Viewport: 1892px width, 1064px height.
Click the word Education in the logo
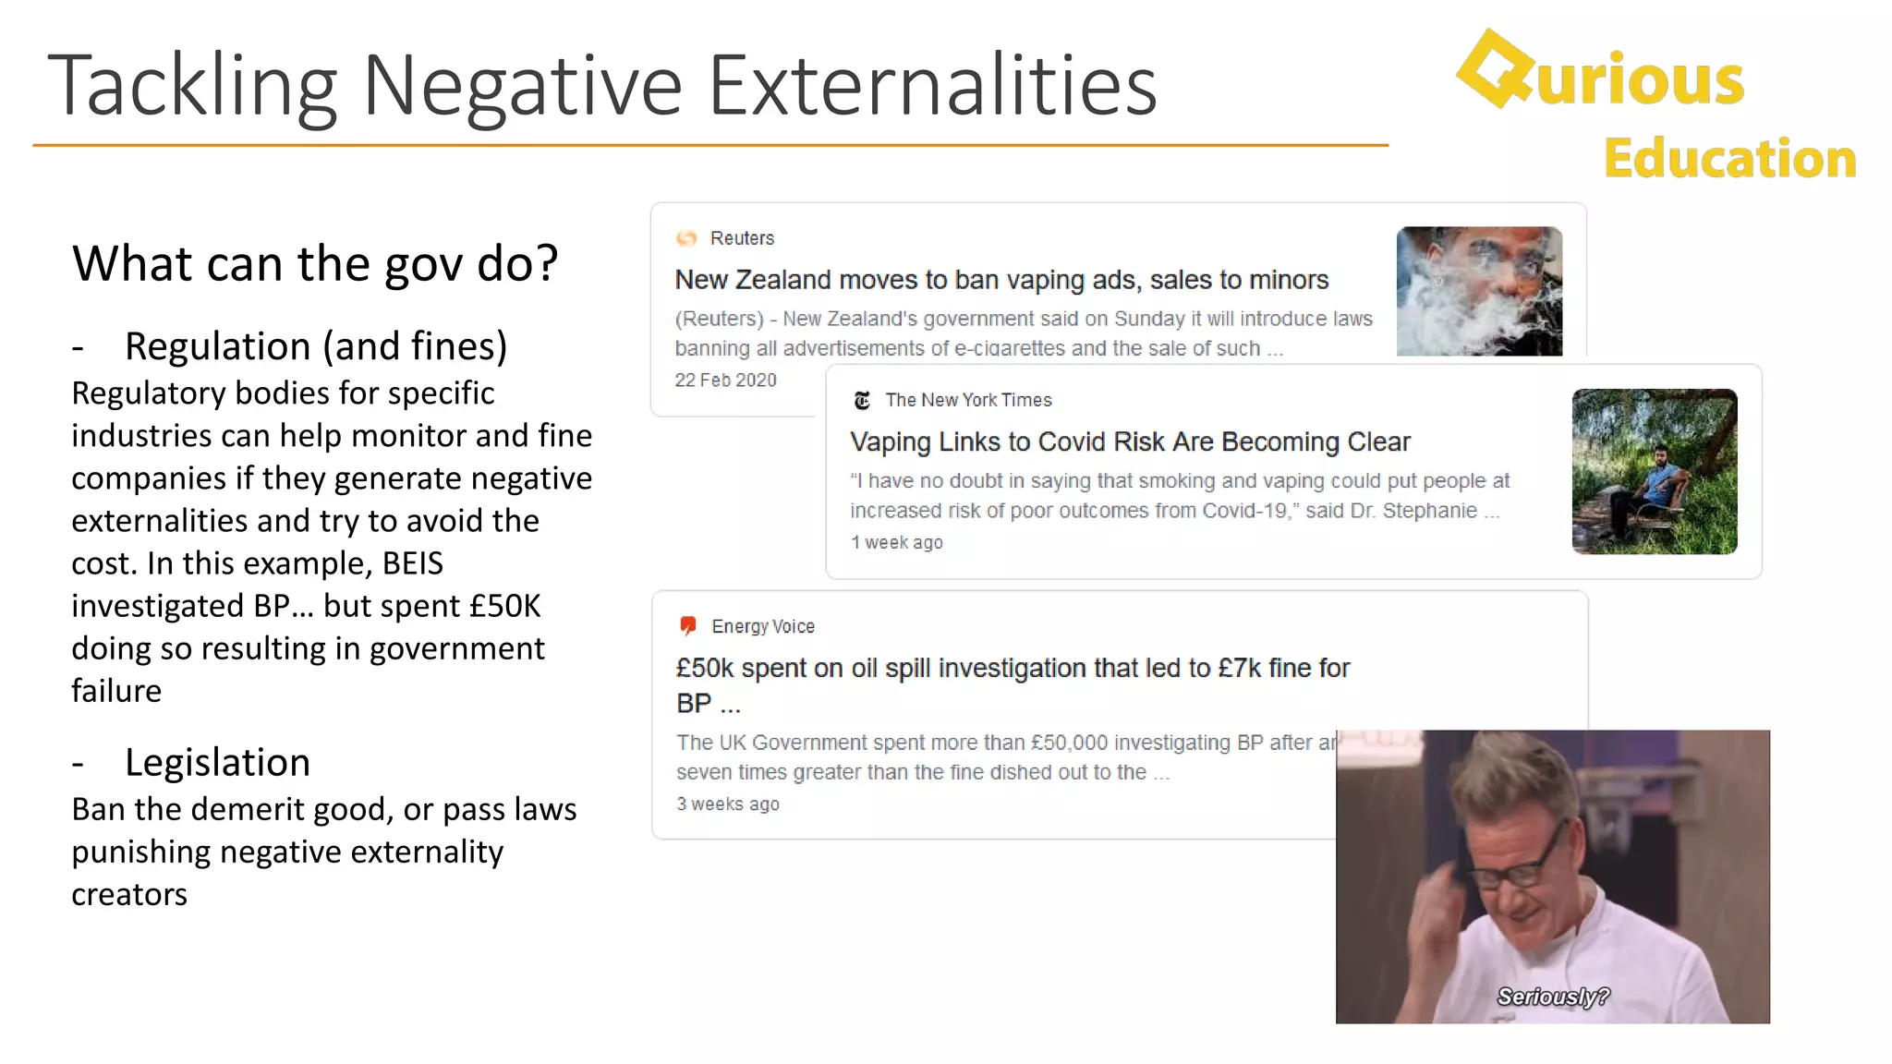1729,159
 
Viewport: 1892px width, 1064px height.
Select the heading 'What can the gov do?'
315,263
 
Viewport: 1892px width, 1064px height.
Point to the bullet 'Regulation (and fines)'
316,346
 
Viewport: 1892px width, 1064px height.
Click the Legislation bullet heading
217,763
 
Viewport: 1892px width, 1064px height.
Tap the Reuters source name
742,238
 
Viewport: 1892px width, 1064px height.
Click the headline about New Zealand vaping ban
1001,280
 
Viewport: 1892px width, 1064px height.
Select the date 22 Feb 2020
725,381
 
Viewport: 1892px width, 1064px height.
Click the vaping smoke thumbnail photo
1479,291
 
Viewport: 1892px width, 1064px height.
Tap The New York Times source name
968,400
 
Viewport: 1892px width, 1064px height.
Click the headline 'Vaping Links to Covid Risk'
1130,442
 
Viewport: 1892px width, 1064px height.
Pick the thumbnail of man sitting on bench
1654,471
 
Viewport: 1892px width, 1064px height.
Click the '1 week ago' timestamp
896,543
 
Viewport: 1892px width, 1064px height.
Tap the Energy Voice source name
763,627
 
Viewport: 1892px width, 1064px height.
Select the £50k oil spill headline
1013,669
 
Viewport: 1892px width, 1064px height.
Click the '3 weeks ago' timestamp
728,804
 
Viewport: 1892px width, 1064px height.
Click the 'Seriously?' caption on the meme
1553,997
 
